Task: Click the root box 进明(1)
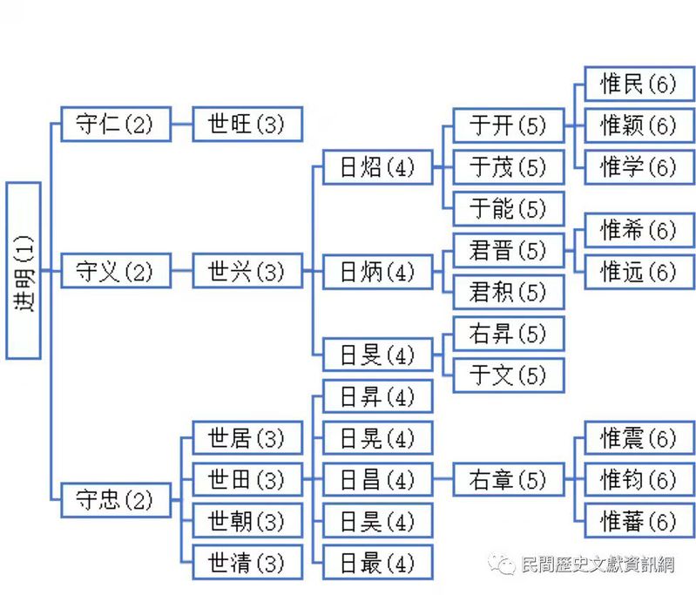point(24,271)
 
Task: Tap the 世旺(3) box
point(247,124)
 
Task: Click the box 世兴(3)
point(247,272)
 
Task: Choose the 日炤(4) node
point(377,166)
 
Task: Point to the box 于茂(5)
point(508,166)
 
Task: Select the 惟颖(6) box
point(639,125)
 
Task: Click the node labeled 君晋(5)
point(508,251)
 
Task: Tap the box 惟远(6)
point(639,272)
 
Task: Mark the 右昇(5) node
point(508,334)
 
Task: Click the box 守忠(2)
point(115,500)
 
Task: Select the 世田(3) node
point(247,479)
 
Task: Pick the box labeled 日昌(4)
point(377,479)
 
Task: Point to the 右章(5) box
point(508,479)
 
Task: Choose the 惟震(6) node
point(639,437)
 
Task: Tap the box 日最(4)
point(377,562)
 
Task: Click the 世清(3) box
point(247,562)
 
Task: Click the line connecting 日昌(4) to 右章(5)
point(443,479)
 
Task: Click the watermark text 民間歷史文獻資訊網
point(597,564)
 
